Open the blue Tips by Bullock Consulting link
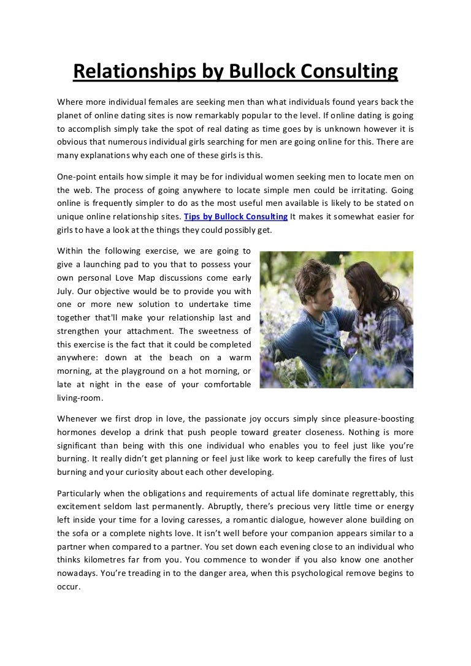(236, 216)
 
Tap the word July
(66, 291)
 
